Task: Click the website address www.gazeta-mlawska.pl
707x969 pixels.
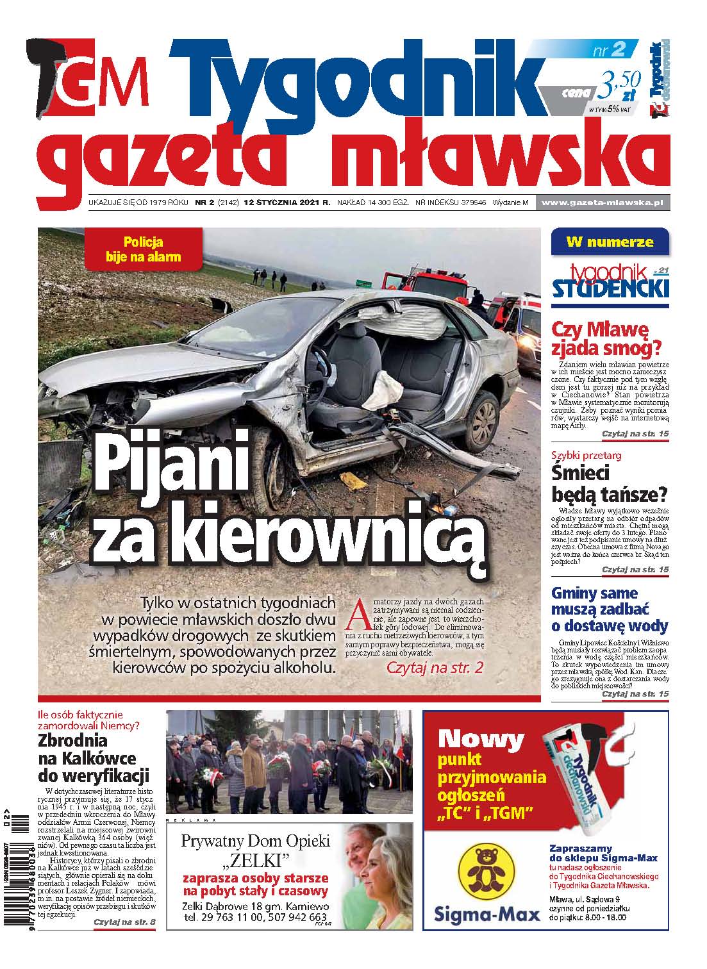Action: pyautogui.click(x=602, y=203)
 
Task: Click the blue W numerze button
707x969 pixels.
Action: pyautogui.click(x=610, y=242)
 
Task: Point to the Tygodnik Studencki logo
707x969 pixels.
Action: pyautogui.click(x=610, y=282)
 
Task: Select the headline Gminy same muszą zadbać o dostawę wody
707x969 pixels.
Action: pyautogui.click(x=610, y=609)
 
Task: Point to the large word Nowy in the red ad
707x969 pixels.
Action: pyautogui.click(x=490, y=739)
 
